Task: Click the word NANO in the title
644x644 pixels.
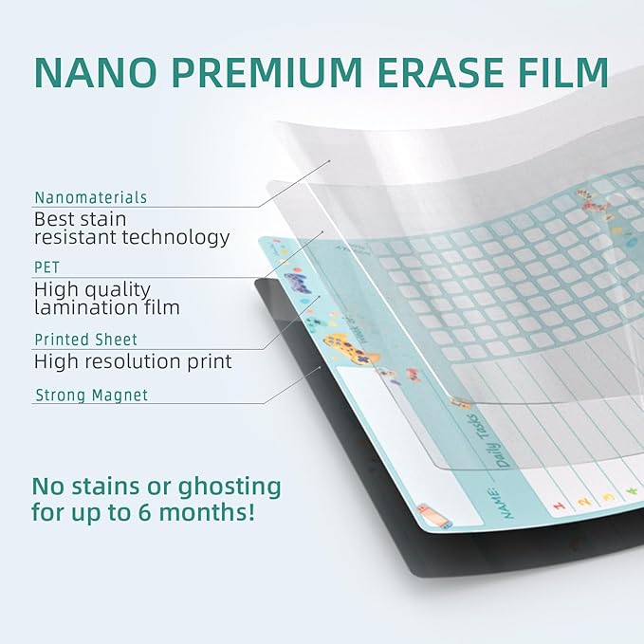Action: point(96,72)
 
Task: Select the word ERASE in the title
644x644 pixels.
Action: point(440,72)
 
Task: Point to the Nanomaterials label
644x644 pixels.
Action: point(91,197)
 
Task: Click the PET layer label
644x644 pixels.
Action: point(46,267)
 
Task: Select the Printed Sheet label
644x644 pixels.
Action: point(86,340)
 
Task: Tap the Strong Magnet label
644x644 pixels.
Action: point(92,396)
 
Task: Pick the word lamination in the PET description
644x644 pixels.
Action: point(86,307)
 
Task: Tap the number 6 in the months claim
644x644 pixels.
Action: point(144,512)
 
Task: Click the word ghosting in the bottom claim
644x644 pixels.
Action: point(230,488)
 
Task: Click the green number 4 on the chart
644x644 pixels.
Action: point(632,490)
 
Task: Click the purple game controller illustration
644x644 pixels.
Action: point(298,282)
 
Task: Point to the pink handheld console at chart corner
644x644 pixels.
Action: point(434,516)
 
